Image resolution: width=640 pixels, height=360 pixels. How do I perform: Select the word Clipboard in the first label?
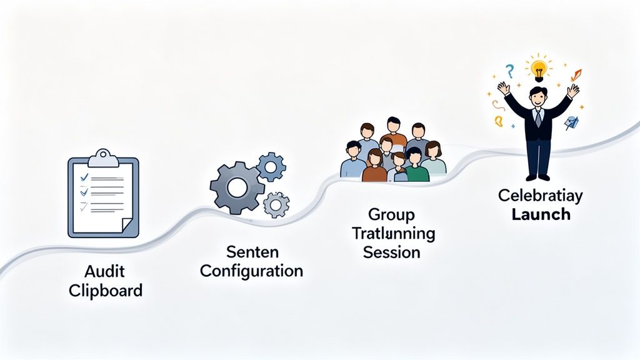[105, 291]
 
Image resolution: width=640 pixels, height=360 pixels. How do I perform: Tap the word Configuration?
[252, 271]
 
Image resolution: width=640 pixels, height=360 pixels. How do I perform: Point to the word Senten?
[251, 253]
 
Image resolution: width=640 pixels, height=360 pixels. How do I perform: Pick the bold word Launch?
[541, 214]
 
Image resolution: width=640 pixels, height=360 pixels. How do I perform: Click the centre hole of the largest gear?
[237, 186]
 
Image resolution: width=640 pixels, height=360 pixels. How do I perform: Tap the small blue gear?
[271, 166]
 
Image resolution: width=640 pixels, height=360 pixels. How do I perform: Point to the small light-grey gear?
[276, 204]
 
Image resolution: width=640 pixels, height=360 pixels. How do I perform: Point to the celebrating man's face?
[537, 97]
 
